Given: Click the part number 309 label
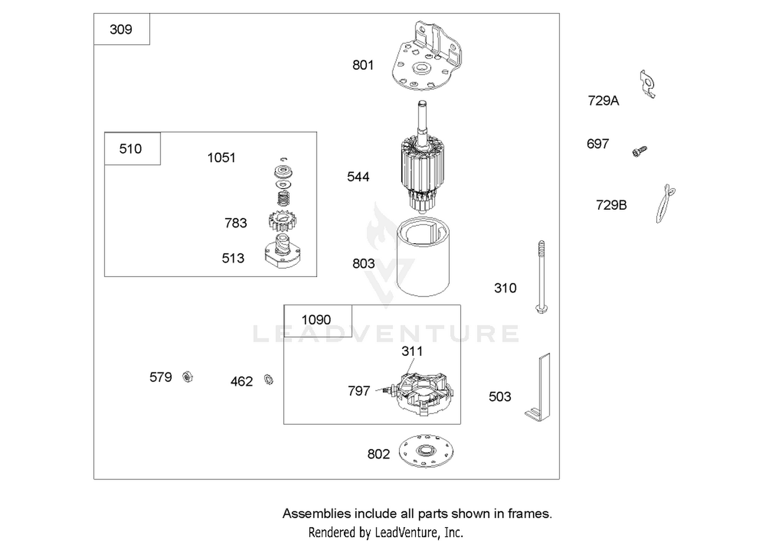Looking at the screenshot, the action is pos(120,30).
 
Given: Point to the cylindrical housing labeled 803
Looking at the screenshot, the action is pos(423,257).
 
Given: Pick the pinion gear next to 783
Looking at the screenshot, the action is pos(282,222).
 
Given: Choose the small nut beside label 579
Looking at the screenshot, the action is pos(187,377).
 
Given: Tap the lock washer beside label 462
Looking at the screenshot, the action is pos(269,379).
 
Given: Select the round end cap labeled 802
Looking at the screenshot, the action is pos(426,451).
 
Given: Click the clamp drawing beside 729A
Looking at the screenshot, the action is pos(647,84).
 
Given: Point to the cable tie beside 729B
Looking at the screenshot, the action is pos(664,203).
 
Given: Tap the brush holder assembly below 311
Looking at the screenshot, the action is pos(423,394).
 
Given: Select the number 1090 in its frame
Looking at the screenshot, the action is pos(316,320).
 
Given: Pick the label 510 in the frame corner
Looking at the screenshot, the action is pos(130,149).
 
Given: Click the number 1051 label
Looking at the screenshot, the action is pos(221,158).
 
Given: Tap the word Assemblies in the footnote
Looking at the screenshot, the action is pos(317,514).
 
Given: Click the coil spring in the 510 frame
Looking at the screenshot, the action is pos(283,198).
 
